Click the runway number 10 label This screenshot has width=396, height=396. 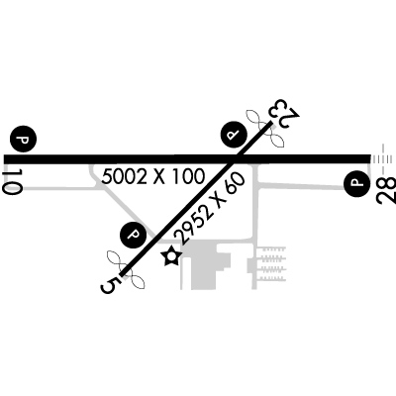[12, 181]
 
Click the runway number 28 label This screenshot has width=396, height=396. [385, 191]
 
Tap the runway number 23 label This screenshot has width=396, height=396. [284, 112]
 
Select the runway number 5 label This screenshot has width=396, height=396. [110, 285]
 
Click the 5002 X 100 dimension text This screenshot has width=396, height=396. [153, 176]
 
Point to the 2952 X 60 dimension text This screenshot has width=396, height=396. [210, 208]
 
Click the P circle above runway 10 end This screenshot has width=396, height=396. [23, 139]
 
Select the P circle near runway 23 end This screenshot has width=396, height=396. [234, 136]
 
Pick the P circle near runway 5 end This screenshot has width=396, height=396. [133, 235]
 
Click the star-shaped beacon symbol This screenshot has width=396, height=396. [171, 256]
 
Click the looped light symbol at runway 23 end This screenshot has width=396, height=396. [265, 128]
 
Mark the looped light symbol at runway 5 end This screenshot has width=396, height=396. [126, 269]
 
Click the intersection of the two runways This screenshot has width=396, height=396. [234, 159]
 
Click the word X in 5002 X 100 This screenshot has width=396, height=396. [159, 176]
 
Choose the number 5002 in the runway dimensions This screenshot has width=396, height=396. [125, 176]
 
